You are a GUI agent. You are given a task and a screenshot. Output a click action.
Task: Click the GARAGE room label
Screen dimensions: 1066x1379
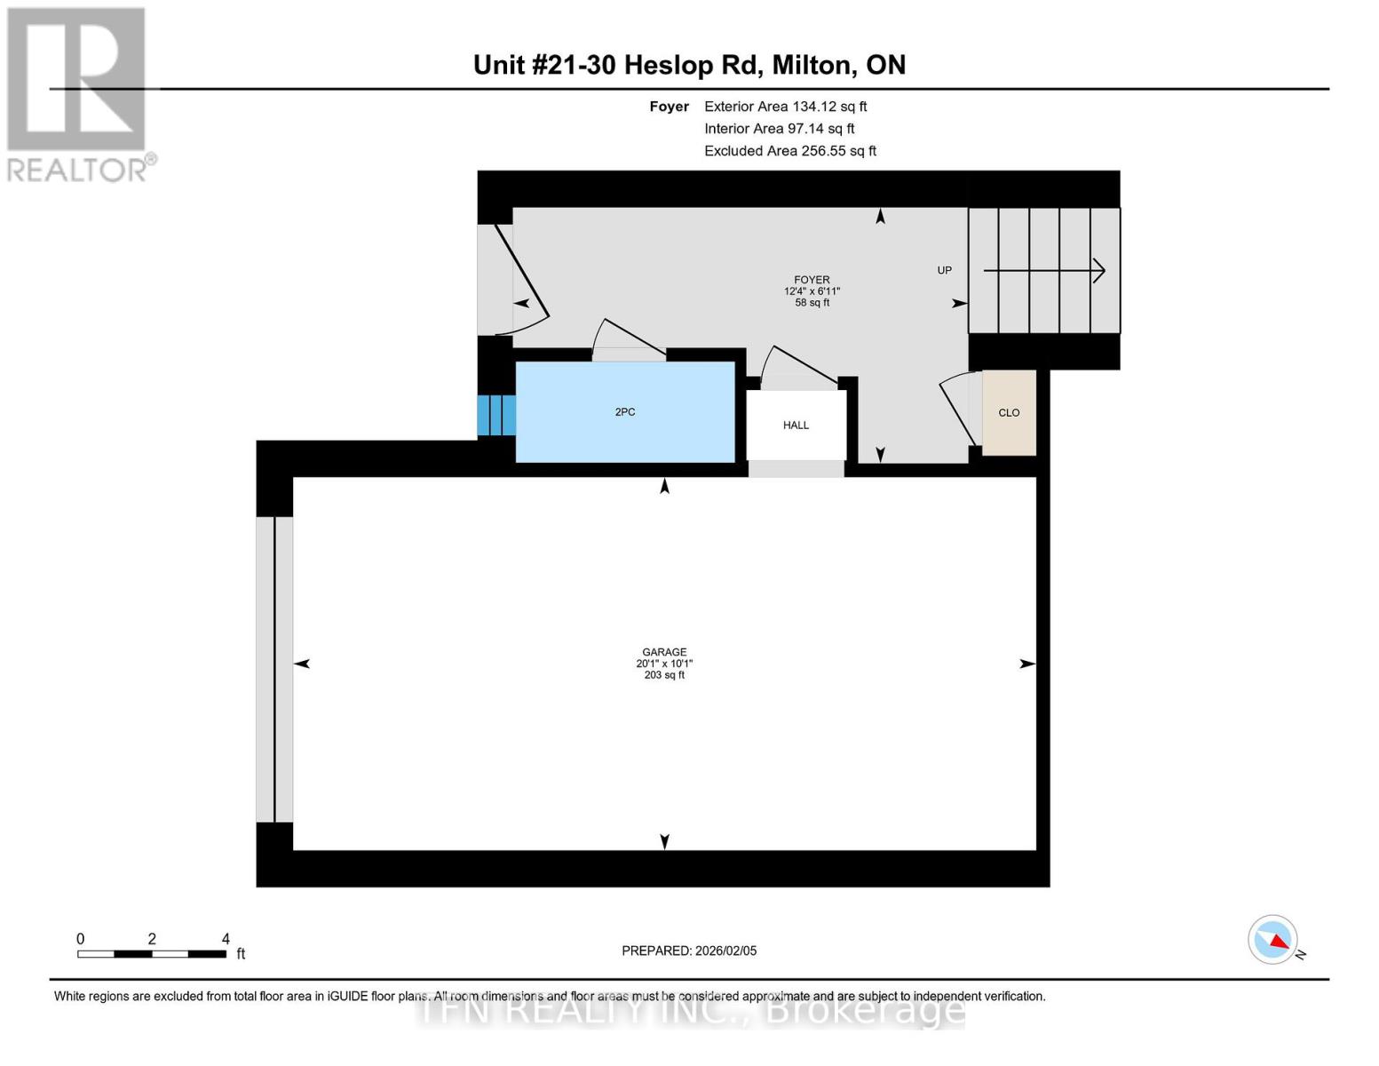(x=664, y=652)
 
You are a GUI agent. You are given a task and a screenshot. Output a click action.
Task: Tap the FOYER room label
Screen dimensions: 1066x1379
(x=812, y=280)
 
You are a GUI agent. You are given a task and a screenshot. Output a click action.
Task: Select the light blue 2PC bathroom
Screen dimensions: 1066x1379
(x=625, y=412)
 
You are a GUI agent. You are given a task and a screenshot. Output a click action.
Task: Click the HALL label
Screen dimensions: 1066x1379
(x=796, y=426)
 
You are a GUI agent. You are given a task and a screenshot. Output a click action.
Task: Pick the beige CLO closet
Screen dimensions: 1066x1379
(x=1009, y=413)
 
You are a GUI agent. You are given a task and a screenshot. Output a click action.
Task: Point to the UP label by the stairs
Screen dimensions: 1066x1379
(x=944, y=270)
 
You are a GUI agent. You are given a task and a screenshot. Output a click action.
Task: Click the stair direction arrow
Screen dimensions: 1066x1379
(x=1044, y=270)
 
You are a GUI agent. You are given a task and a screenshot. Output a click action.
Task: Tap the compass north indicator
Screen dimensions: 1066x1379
(x=1273, y=940)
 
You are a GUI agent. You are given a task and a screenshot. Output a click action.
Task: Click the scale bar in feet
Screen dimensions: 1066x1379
(x=151, y=953)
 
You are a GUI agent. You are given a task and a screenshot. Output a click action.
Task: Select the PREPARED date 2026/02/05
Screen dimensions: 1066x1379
(x=689, y=951)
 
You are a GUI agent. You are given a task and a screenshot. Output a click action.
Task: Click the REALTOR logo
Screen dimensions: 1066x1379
(x=78, y=93)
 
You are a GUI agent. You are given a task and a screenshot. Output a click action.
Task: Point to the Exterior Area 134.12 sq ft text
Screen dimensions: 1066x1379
(x=785, y=107)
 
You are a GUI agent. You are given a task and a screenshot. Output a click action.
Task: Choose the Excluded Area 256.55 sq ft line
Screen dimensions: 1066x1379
(x=789, y=151)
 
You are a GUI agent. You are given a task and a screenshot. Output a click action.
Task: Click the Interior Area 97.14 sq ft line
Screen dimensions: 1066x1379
(x=779, y=129)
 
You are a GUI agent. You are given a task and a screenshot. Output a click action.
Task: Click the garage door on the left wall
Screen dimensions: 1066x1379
(x=274, y=669)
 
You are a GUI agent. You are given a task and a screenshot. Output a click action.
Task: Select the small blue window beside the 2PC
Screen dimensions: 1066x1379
(x=496, y=415)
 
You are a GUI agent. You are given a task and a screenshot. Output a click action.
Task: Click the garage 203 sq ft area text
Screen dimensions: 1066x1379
(x=664, y=675)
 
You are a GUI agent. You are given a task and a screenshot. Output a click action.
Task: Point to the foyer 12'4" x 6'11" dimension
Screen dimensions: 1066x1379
(x=812, y=291)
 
